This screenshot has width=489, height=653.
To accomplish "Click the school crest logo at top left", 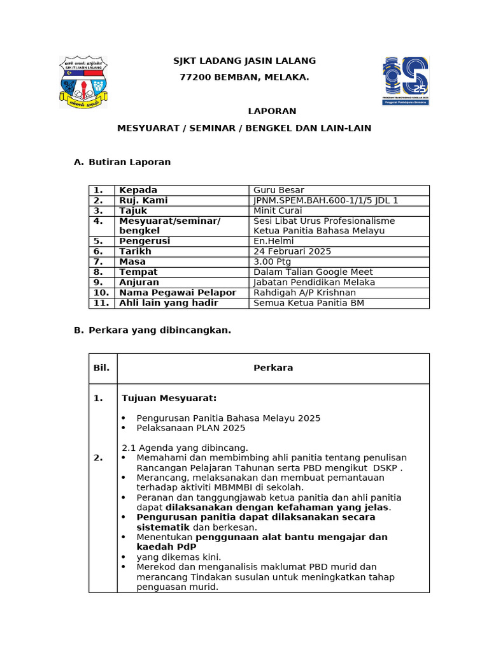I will coord(83,82).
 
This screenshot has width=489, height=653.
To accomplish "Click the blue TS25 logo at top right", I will coord(406,81).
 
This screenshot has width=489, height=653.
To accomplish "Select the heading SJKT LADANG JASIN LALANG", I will coord(244,61).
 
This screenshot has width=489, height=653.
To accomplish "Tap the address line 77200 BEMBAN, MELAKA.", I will coord(244,77).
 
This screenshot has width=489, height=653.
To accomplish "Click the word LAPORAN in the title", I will coord(272,112).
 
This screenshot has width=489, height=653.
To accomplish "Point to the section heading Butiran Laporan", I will coord(129,162).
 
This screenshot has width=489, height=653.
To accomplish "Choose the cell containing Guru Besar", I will coord(279,190).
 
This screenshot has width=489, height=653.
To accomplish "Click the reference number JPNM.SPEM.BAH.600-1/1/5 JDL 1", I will coord(325,200).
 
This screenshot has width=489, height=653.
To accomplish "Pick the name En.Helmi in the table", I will coord(274,241).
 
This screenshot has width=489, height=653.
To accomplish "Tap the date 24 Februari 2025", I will coord(292,251).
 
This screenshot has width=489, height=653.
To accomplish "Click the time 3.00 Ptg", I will coord(273,261).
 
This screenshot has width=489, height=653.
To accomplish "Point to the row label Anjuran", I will coord(139,282).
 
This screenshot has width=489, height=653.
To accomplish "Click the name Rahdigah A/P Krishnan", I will coord(304,292).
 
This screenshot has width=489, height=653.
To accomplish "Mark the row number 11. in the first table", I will coord(101,303).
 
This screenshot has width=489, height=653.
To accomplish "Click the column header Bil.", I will coord(101,368).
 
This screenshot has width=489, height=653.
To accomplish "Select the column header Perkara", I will coord(273,368).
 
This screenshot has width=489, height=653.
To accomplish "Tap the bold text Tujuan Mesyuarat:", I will coord(169,399).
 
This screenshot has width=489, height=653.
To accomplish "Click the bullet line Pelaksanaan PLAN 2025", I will coord(190,428).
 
